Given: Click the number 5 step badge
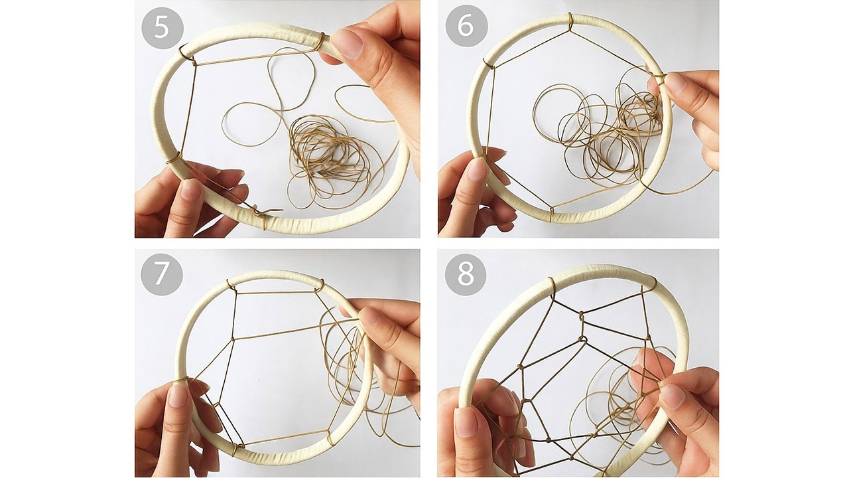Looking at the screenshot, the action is pyautogui.click(x=163, y=28).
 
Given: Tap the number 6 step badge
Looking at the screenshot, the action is pyautogui.click(x=466, y=26).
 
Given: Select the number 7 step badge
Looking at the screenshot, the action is pyautogui.click(x=162, y=275).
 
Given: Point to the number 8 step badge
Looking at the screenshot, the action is pyautogui.click(x=466, y=275).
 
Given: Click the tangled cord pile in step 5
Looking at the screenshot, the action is pyautogui.click(x=326, y=159).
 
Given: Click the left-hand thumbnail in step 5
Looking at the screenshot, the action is pyautogui.click(x=190, y=189).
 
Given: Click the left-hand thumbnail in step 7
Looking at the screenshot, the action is pyautogui.click(x=177, y=394).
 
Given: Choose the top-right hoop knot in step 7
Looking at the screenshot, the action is pyautogui.click(x=319, y=285).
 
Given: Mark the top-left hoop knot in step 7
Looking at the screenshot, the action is pyautogui.click(x=230, y=285).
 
